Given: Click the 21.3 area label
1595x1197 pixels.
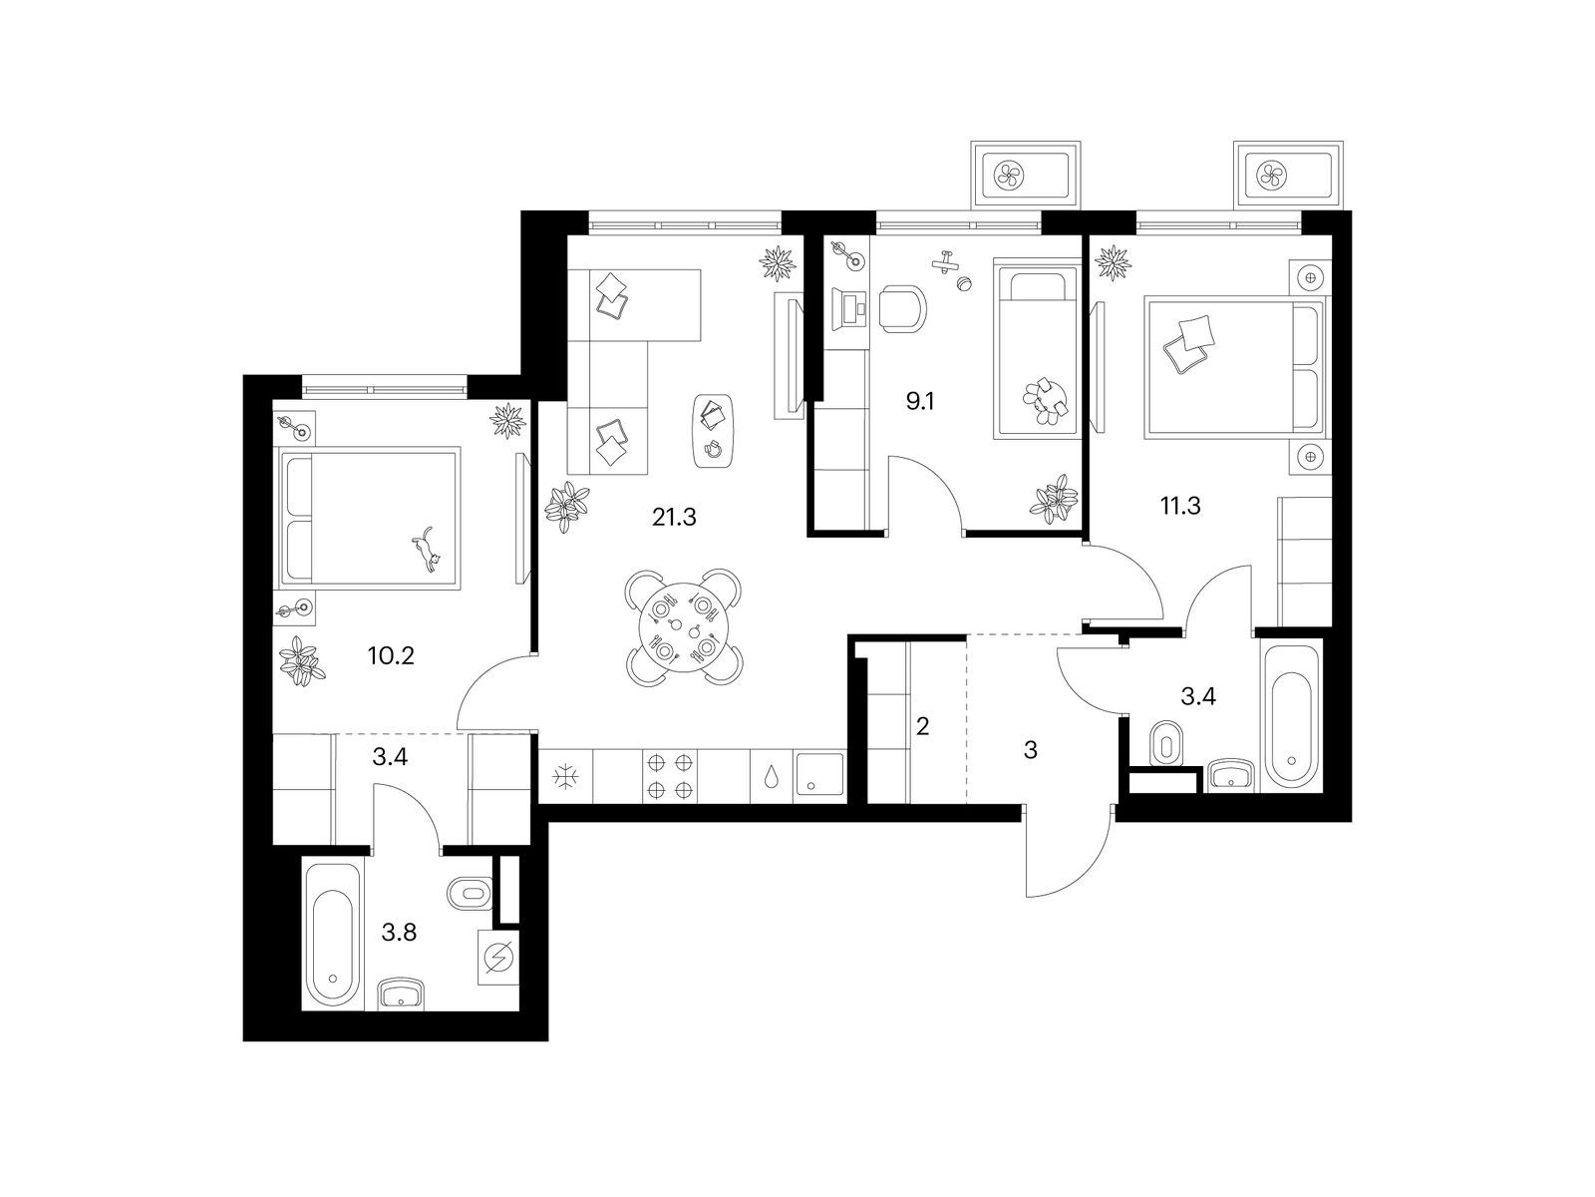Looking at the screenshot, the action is pyautogui.click(x=674, y=518).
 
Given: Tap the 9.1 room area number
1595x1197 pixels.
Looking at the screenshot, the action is pyautogui.click(x=919, y=401).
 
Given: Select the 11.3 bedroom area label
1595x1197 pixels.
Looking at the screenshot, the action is pyautogui.click(x=1180, y=506).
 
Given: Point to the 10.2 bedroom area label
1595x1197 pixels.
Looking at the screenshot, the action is pyautogui.click(x=391, y=656).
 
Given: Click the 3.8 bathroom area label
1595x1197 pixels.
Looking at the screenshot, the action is pyautogui.click(x=399, y=932).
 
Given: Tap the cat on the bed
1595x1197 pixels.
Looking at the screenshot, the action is pyautogui.click(x=428, y=551).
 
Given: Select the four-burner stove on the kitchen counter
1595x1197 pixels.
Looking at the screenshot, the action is pyautogui.click(x=669, y=776).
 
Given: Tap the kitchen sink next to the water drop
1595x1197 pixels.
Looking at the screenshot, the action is pyautogui.click(x=819, y=775).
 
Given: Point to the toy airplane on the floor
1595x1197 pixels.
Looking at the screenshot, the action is pyautogui.click(x=945, y=261).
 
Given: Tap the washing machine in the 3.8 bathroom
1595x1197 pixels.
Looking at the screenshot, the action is pyautogui.click(x=498, y=958).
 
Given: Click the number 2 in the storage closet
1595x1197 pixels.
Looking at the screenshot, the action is pyautogui.click(x=922, y=725).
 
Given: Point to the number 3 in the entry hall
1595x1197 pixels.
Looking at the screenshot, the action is pyautogui.click(x=1030, y=750).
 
